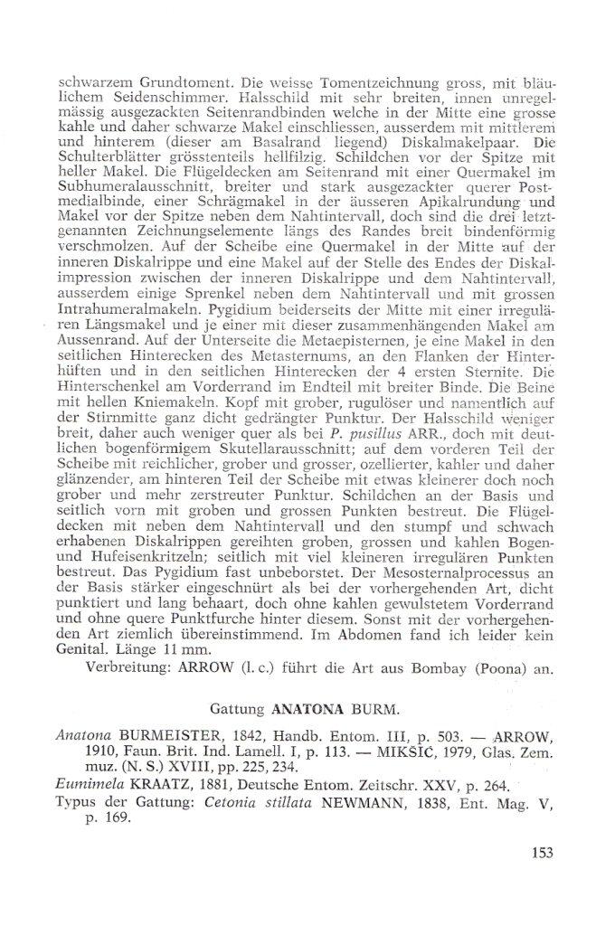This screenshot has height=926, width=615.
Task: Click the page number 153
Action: coord(538,852)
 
